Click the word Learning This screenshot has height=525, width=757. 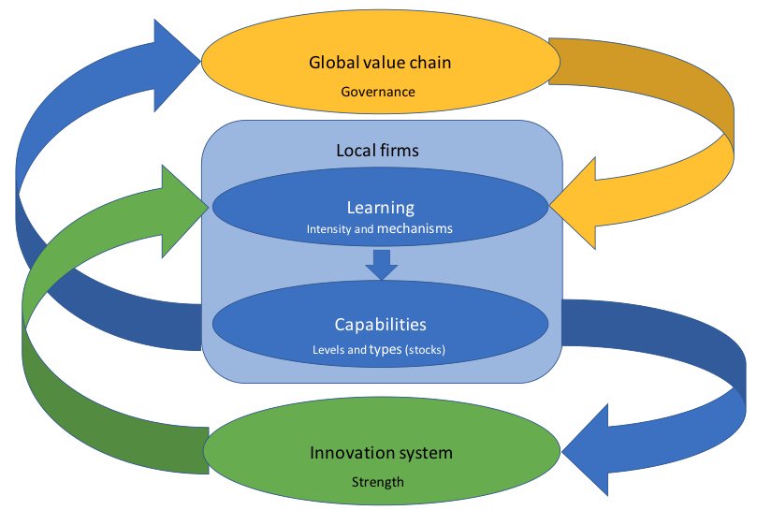point(380,207)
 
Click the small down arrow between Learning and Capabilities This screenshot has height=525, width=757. point(381,264)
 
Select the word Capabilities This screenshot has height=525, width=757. point(380,325)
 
